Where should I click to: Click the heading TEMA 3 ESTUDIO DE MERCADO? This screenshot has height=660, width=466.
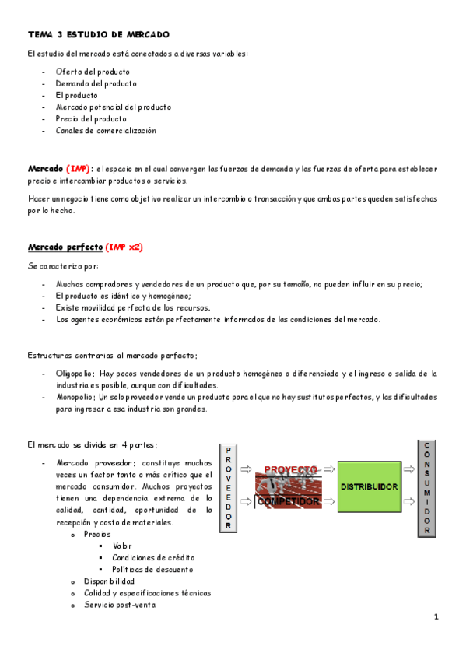coord(98,35)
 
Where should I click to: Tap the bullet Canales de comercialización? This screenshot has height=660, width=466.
coord(106,131)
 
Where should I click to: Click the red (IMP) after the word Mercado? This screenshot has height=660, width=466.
coord(79,168)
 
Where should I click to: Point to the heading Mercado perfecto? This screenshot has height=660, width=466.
coord(65,247)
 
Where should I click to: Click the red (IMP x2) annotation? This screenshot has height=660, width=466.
coord(124,247)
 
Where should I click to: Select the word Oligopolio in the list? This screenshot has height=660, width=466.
coord(75,374)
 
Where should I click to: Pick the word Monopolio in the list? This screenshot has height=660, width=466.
coord(75,398)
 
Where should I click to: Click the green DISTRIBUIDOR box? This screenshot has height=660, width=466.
coord(369,486)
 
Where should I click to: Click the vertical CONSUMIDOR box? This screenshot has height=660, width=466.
coord(427,489)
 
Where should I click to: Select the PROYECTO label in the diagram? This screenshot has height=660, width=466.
coord(290,470)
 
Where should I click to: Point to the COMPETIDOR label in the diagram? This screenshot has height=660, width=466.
coord(289,502)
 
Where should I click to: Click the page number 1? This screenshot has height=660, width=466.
coord(436,617)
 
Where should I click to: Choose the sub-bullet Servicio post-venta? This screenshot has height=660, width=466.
coord(120,605)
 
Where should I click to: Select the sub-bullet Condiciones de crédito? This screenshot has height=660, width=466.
coord(153,558)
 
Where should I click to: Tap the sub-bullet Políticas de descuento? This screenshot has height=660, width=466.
coord(153,570)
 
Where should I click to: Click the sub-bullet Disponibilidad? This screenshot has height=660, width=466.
coord(109,581)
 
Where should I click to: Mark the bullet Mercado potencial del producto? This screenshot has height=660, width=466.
coord(113,107)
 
